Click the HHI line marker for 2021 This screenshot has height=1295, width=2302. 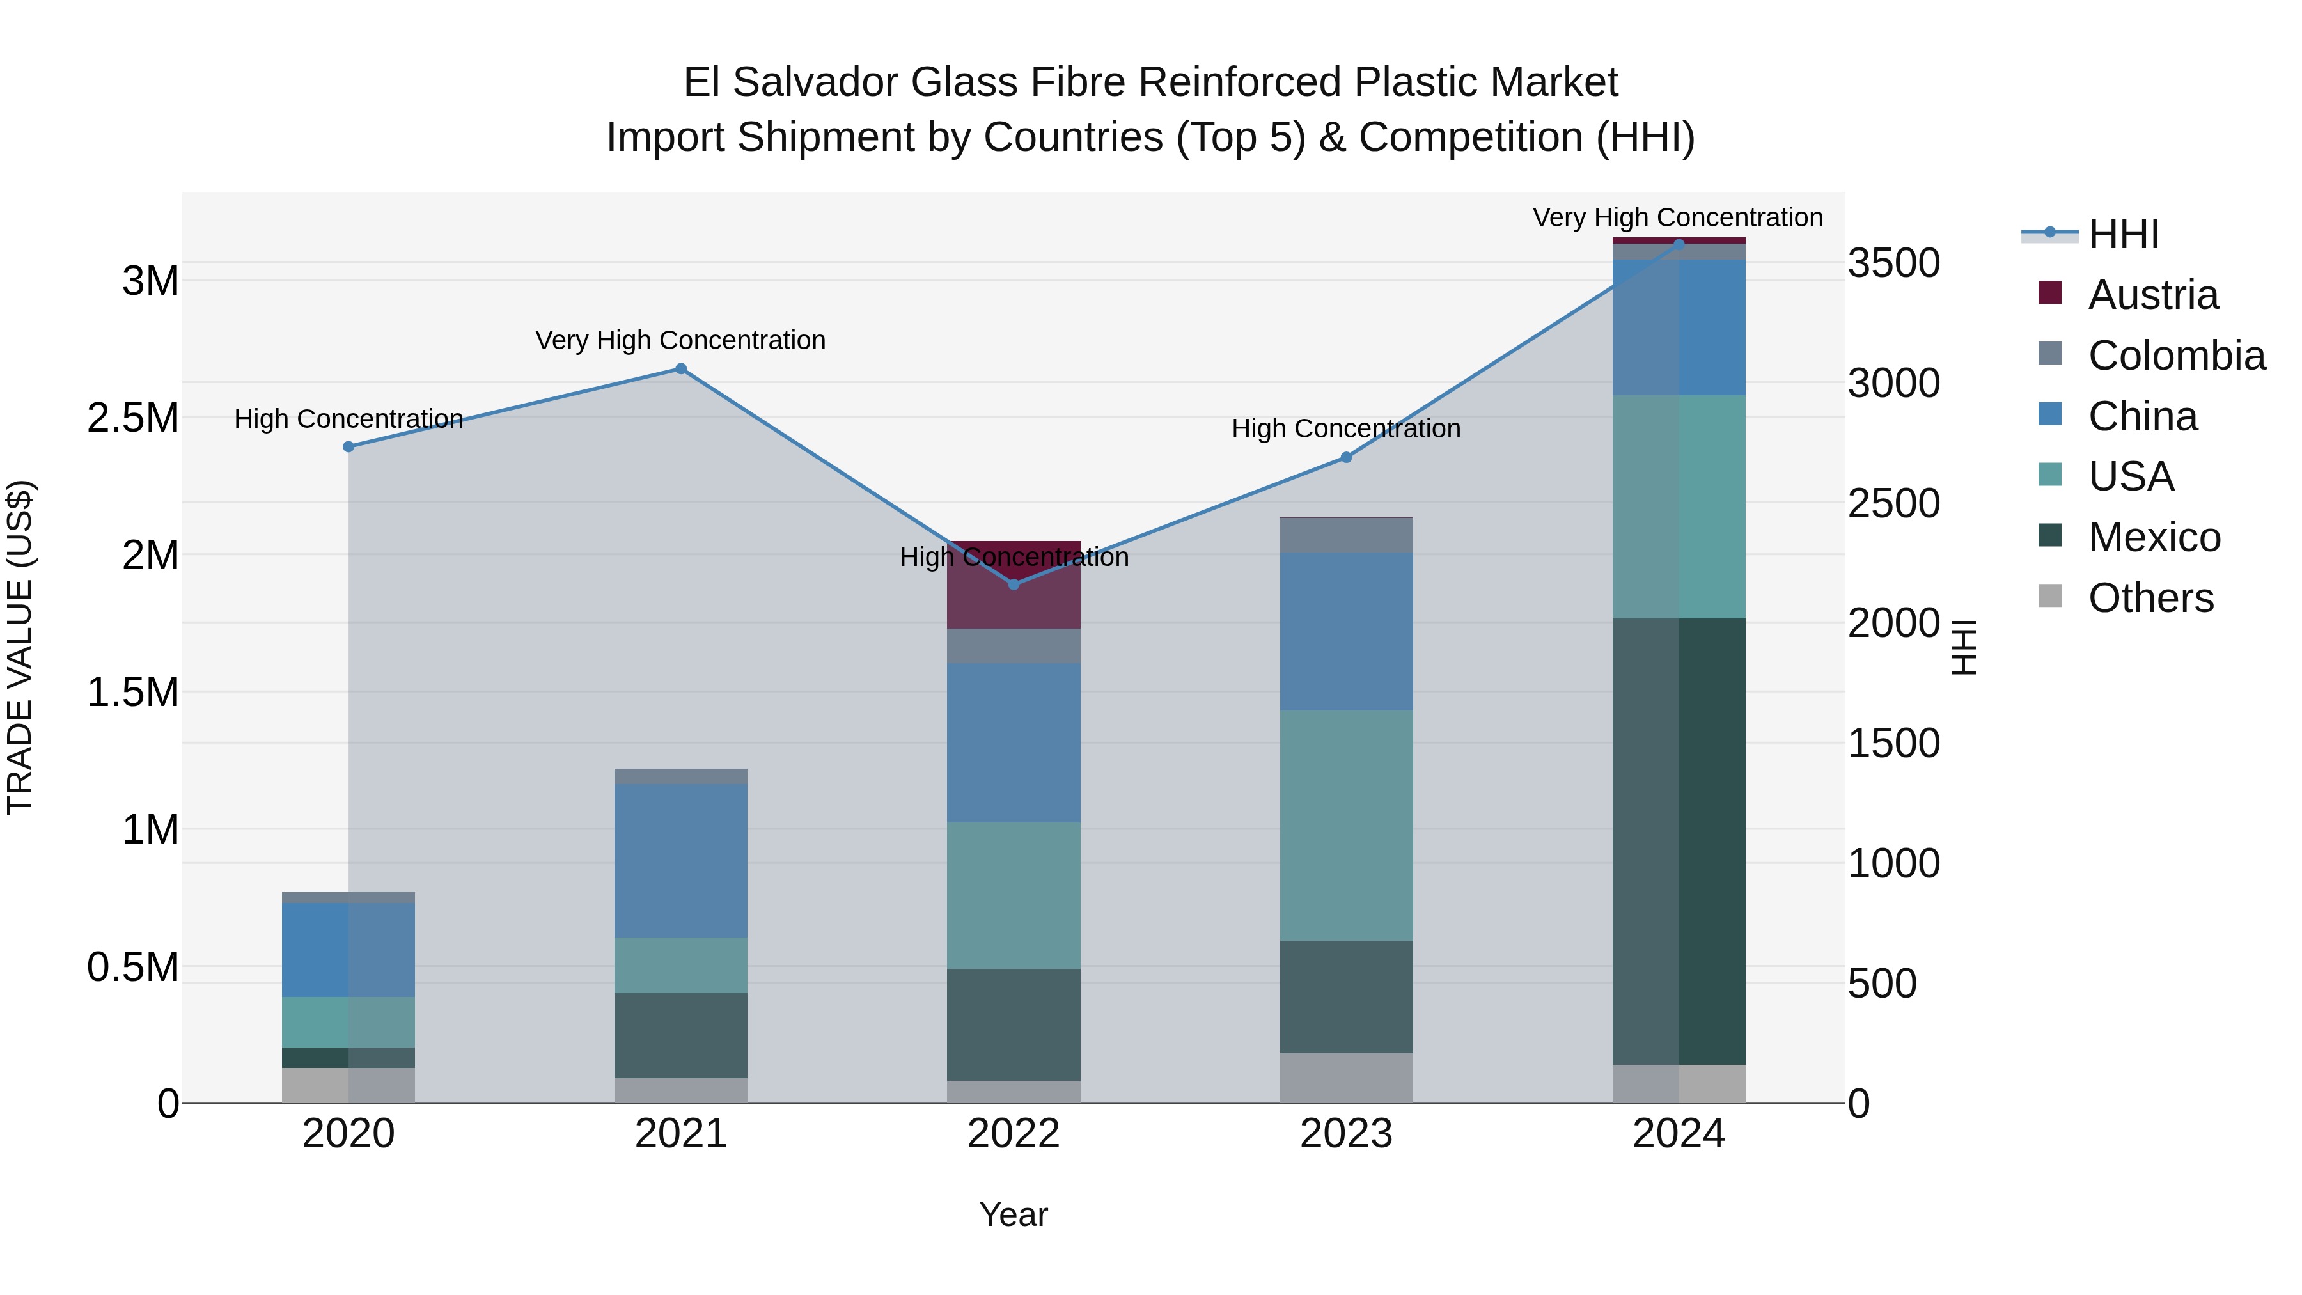coord(681,369)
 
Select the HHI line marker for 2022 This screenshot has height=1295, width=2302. coord(1014,585)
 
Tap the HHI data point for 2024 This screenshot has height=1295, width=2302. coord(1679,244)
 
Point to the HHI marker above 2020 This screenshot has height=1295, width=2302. coord(348,447)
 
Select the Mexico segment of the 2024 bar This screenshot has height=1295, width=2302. coord(1679,840)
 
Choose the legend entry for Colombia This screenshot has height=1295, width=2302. coord(2175,356)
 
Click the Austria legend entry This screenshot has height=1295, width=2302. coord(2152,295)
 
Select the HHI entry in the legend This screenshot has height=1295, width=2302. coord(2122,234)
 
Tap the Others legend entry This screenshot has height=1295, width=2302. coord(2149,598)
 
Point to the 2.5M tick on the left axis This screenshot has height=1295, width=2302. coord(132,418)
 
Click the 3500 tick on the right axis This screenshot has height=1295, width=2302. coord(1893,263)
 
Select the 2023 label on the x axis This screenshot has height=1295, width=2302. coord(1346,1134)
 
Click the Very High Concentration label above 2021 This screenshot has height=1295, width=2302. coord(681,340)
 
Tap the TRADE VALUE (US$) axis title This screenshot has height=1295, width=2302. coord(20,647)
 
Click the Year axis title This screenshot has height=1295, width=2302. coord(1014,1214)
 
